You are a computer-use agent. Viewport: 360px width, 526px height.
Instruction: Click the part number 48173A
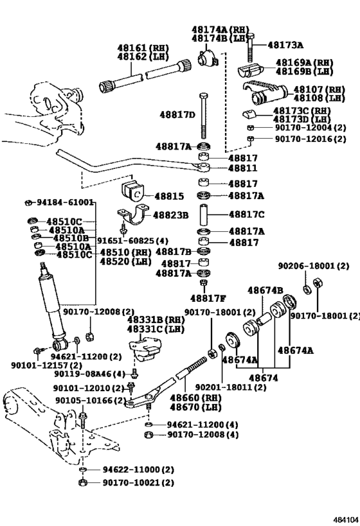tap(285, 44)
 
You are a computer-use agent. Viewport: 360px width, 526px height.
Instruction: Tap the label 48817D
tap(177, 115)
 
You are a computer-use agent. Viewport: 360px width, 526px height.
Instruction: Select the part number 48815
tap(169, 196)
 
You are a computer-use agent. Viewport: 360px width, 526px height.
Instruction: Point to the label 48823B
tap(170, 215)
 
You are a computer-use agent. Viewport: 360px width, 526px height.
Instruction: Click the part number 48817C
tap(246, 215)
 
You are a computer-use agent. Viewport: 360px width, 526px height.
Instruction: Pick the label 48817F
tap(208, 298)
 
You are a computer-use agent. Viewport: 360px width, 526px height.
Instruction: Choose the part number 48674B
tap(265, 290)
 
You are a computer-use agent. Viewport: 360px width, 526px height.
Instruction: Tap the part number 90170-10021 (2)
tap(138, 483)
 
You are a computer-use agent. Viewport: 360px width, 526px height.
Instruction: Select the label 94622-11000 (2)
tap(138, 469)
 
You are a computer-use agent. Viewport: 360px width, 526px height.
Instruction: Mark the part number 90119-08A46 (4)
tap(89, 374)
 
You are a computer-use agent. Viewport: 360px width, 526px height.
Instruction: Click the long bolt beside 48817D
tap(204, 116)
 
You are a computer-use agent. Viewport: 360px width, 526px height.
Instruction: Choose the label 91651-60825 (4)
tap(132, 241)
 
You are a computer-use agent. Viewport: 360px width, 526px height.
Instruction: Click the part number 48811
tap(243, 168)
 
